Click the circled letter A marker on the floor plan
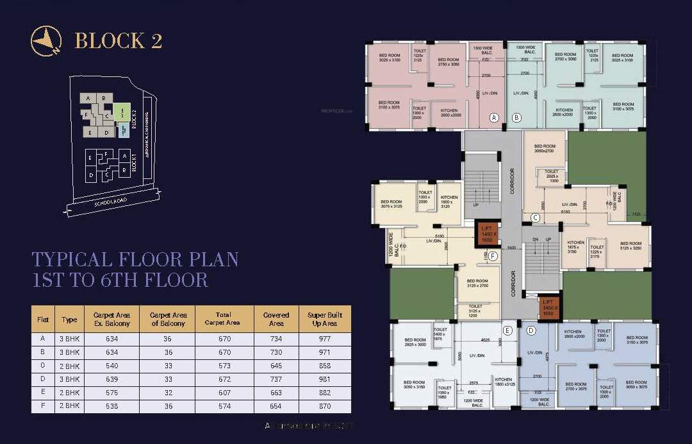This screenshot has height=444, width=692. pyautogui.click(x=494, y=117)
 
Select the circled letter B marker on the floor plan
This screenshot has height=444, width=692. pyautogui.click(x=517, y=117)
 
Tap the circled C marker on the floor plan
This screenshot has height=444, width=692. pyautogui.click(x=535, y=218)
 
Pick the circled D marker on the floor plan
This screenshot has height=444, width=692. pyautogui.click(x=530, y=330)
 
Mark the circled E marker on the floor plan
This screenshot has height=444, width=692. pyautogui.click(x=507, y=330)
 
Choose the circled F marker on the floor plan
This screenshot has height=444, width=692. pyautogui.click(x=493, y=256)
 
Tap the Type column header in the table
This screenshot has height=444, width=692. pyautogui.click(x=69, y=319)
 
